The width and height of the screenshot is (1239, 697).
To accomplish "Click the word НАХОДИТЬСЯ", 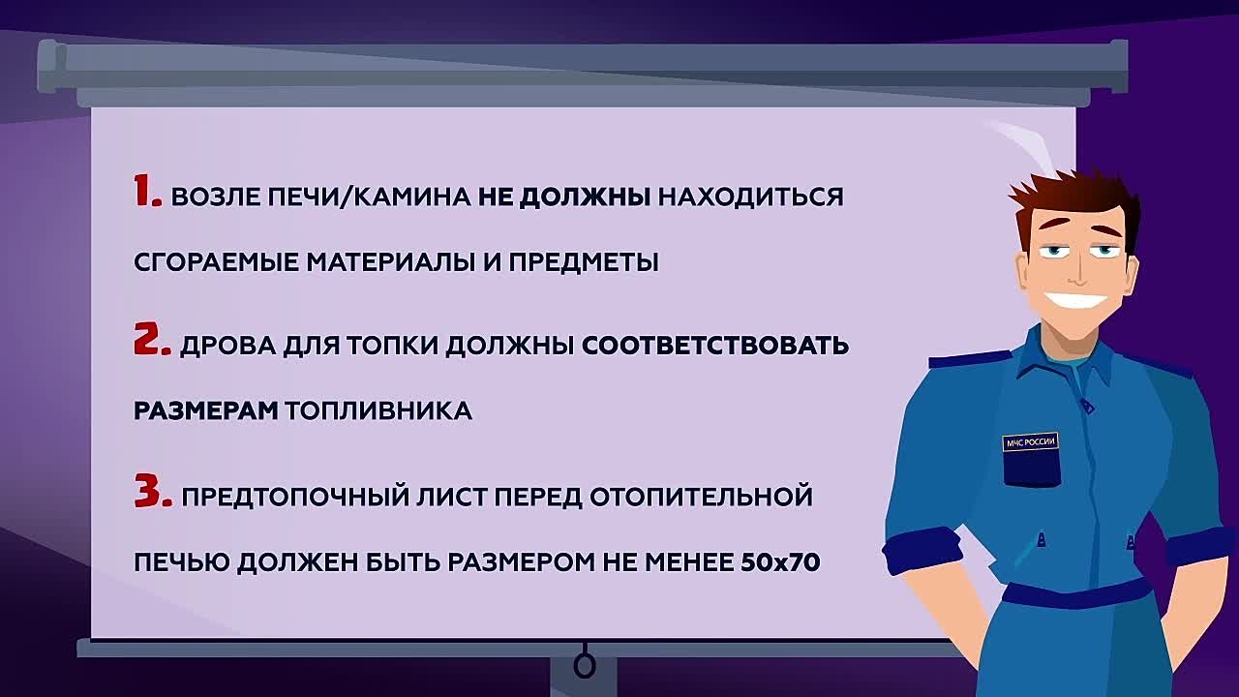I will point(750,197).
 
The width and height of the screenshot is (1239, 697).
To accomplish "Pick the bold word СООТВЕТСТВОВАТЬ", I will point(714,346).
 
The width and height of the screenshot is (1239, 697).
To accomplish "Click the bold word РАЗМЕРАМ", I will point(205,410).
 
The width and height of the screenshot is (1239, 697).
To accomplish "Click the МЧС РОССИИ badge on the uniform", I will point(1030,442).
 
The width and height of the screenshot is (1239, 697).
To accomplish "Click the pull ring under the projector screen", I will point(584,666).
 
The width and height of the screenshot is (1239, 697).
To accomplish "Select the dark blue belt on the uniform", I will point(1074,592).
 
